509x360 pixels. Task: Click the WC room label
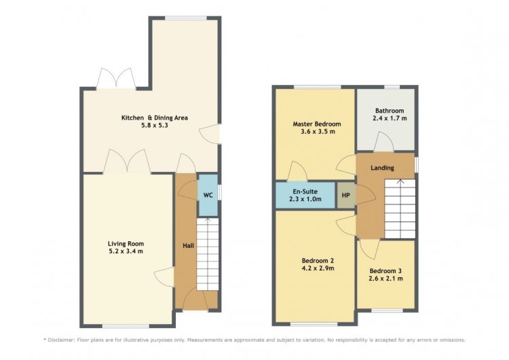pos(208,195)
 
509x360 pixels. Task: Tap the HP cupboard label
pos(345,195)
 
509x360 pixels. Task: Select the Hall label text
pos(188,246)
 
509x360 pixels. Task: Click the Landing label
pos(382,168)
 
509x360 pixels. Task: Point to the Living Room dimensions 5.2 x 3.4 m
pos(126,251)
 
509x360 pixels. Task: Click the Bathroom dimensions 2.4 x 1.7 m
pos(390,118)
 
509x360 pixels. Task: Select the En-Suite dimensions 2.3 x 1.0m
pos(305,199)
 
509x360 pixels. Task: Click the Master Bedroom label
pos(317,124)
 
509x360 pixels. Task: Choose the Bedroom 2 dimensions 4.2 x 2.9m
pos(318,268)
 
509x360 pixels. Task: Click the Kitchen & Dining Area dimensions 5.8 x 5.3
pos(155,126)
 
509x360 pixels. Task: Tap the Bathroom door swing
pos(384,142)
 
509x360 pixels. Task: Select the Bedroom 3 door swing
pos(369,249)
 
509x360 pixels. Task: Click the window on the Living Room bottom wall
pos(126,326)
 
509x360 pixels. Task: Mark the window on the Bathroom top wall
pos(392,87)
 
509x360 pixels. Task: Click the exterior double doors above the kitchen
pos(116,78)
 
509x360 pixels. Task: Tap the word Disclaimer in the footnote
pos(60,340)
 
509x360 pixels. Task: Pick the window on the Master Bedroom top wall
pos(318,87)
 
